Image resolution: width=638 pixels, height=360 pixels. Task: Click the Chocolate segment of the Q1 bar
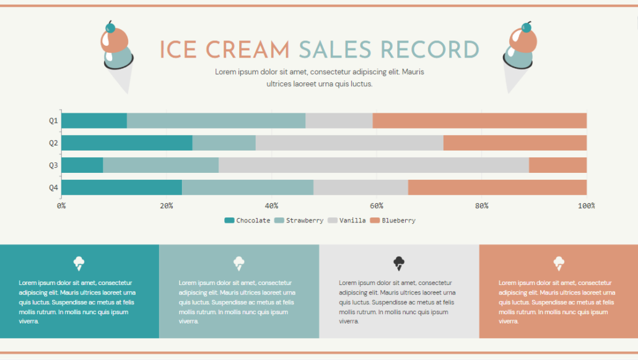[x=94, y=121]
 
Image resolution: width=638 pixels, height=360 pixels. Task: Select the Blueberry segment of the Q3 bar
[x=557, y=165]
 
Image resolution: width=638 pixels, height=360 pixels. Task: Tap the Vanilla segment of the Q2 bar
[x=349, y=143]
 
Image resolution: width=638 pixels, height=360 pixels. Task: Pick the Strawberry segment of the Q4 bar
[x=248, y=188]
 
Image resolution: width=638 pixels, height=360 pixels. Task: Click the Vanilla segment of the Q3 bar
[x=374, y=165]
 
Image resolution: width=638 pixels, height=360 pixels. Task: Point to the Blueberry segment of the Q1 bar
[x=479, y=121]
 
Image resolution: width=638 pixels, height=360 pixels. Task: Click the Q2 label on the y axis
[x=53, y=143]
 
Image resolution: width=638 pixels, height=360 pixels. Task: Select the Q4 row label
[x=53, y=188]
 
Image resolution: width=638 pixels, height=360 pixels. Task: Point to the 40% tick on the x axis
[x=271, y=206]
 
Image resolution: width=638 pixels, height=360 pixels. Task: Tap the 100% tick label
[x=586, y=206]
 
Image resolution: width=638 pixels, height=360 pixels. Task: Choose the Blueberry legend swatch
[x=375, y=221]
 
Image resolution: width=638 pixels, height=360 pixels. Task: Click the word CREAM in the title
[x=248, y=50]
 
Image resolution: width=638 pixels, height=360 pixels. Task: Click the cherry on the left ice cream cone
[x=111, y=27]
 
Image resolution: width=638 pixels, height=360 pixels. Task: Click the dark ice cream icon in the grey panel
[x=399, y=263]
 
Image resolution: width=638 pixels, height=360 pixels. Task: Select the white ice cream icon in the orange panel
[x=559, y=263]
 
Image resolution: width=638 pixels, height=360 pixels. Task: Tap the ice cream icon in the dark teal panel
[x=79, y=263]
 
